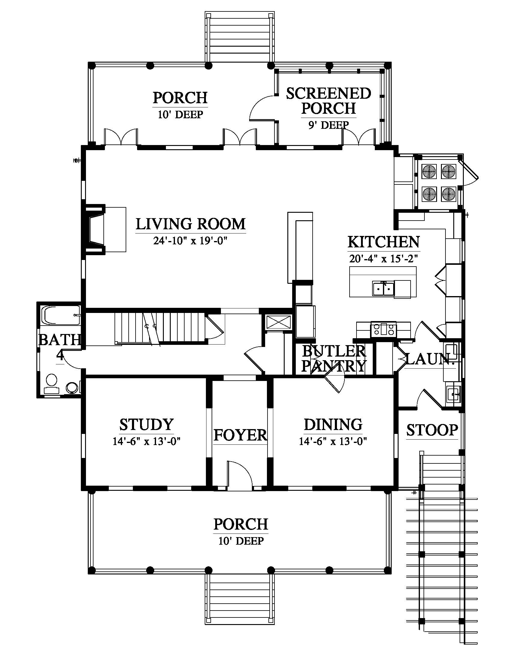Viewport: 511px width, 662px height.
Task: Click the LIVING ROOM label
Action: click(190, 224)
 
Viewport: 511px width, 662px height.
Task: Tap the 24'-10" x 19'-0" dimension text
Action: click(190, 241)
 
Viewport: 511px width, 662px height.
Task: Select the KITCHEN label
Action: click(384, 242)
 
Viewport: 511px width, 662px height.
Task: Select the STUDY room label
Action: click(146, 425)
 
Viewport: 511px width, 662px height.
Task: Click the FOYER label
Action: click(240, 435)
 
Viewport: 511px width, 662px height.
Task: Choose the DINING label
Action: click(333, 425)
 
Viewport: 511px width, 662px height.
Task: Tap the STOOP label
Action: click(432, 430)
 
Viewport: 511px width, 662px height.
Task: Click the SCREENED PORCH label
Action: click(329, 101)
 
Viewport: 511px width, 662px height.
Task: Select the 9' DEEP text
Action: click(329, 125)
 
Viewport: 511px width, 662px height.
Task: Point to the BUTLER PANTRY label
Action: click(334, 359)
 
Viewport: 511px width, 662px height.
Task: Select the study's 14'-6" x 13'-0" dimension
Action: click(146, 441)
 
